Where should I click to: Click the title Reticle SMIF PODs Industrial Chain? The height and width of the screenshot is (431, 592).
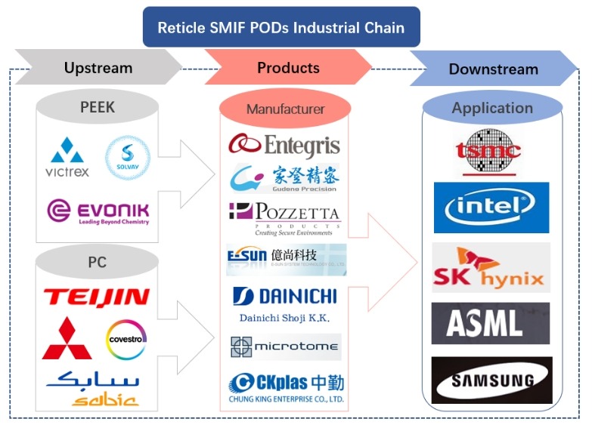tap(281, 28)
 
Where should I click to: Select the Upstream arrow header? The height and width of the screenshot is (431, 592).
tap(98, 68)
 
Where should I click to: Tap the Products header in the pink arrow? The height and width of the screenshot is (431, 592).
tap(288, 68)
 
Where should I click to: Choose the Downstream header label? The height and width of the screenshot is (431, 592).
tap(493, 69)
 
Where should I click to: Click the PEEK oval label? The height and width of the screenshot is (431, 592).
tap(98, 107)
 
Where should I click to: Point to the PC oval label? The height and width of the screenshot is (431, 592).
tap(98, 263)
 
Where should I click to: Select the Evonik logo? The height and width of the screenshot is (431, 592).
tap(98, 211)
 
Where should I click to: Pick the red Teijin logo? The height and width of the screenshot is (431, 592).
tap(97, 297)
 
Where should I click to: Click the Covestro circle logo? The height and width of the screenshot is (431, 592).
tap(126, 338)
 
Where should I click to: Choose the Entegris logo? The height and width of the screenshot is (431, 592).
tap(284, 144)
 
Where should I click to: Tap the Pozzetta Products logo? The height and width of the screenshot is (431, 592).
tap(284, 217)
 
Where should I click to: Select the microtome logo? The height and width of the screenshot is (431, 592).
tap(285, 346)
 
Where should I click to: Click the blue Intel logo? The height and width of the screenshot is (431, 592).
tap(491, 207)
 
